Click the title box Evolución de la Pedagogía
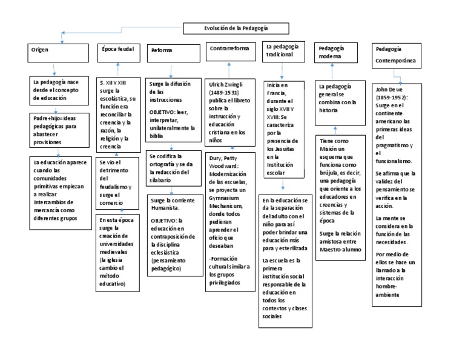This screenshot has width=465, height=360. tap(236, 28)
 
